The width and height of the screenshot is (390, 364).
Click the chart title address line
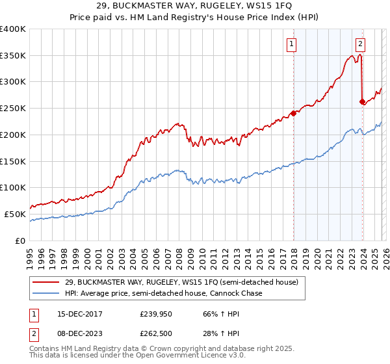194,6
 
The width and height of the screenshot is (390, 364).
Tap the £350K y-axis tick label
12,55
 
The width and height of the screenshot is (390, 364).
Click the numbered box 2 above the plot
360,44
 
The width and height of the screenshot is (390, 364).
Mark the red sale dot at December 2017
293,113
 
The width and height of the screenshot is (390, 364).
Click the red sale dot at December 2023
362,101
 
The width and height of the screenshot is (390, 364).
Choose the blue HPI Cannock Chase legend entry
162,294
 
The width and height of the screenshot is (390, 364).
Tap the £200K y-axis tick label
12,135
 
